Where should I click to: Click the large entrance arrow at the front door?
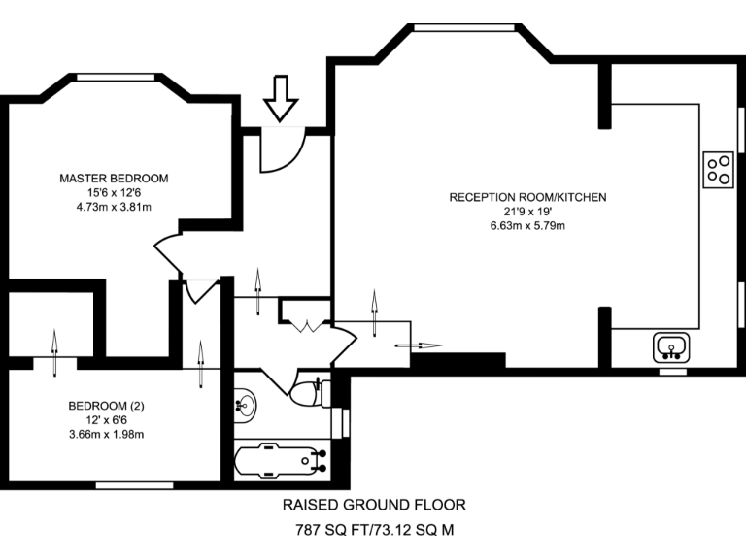(282, 99)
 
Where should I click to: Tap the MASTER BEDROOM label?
(114, 179)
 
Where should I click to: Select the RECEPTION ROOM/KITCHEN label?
(527, 197)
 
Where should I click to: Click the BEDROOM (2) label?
(106, 406)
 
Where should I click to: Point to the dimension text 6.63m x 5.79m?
(527, 226)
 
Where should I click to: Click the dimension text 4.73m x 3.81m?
(114, 207)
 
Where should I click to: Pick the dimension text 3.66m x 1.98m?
(106, 434)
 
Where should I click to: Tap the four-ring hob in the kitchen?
(718, 170)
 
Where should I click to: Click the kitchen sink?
(671, 345)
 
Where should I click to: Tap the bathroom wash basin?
(247, 403)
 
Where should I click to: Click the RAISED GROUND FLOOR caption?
(374, 505)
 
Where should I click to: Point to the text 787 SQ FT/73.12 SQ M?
(374, 531)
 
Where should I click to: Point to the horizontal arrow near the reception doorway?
(419, 345)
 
